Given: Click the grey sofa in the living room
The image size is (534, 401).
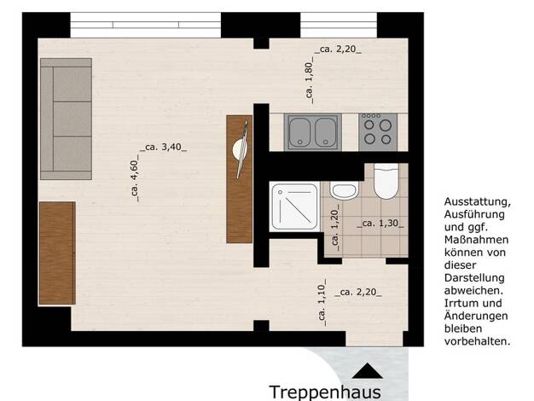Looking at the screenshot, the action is (66, 119).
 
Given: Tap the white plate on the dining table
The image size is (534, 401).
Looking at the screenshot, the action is (240, 149).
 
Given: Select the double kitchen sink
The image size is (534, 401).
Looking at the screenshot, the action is (313, 132).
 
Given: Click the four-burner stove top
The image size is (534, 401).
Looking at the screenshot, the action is (378, 132).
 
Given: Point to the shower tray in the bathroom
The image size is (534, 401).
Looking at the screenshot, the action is (294, 206).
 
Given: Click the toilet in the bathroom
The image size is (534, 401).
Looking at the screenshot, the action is (386, 181).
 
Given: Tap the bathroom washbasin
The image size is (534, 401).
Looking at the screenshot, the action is (344, 190).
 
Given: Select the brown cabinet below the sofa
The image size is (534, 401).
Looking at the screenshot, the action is (57, 253).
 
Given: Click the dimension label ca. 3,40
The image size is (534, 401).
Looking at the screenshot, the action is (164, 148).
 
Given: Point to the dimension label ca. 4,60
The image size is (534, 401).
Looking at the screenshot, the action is (135, 177).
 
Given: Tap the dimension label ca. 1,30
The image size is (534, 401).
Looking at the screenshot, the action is (380, 224).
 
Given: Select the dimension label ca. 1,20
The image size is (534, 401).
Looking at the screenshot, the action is (334, 228).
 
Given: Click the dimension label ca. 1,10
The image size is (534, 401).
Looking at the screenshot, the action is (322, 302).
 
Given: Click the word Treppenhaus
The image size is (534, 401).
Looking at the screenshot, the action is (325, 392).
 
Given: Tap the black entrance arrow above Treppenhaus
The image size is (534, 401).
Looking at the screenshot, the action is (367, 371).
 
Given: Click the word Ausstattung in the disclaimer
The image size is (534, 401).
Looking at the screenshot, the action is (478, 201).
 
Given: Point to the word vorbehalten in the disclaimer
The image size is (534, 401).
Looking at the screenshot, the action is (478, 341).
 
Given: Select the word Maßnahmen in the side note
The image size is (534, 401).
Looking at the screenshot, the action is (477, 240).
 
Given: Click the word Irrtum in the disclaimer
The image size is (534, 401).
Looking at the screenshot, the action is (459, 303).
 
